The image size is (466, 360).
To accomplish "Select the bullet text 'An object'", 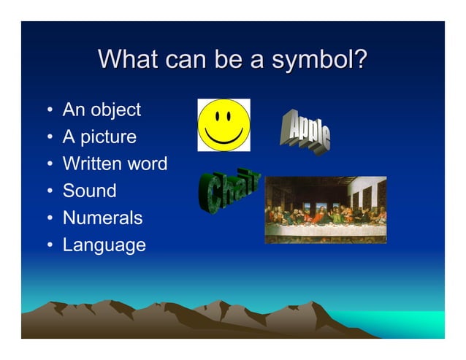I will (x=102, y=110).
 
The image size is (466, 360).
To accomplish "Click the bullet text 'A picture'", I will (x=99, y=137).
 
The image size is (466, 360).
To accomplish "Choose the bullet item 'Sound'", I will (x=89, y=191).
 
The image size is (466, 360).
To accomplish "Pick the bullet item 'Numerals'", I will (x=102, y=218).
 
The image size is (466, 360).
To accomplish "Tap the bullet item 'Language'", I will (x=104, y=245).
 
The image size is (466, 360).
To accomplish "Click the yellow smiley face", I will (x=224, y=125).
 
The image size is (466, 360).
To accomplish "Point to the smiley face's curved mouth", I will (x=224, y=137).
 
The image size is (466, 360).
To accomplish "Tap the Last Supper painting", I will (x=325, y=210).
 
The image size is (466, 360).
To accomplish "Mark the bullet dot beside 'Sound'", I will (x=48, y=192).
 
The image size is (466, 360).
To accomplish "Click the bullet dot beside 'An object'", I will (x=48, y=112).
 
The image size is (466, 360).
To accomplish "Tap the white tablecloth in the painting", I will (x=321, y=230).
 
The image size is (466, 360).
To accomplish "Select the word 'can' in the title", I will (x=188, y=59).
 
